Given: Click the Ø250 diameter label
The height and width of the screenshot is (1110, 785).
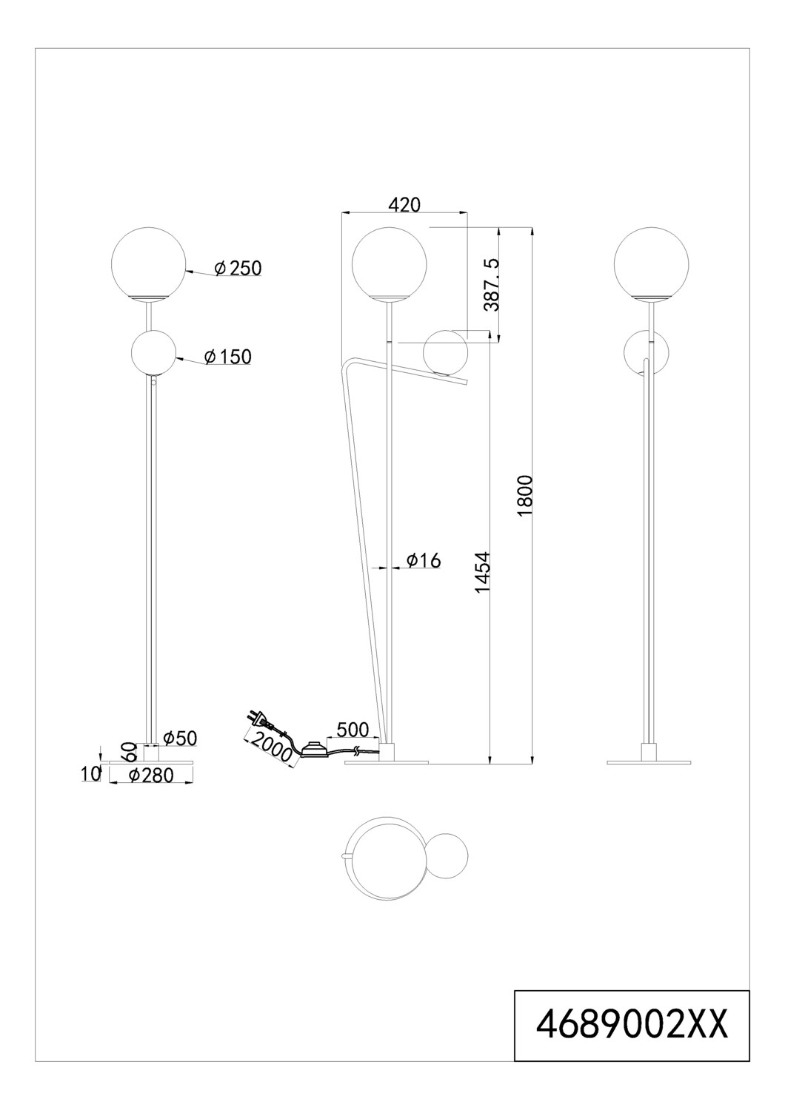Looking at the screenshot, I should (x=238, y=269).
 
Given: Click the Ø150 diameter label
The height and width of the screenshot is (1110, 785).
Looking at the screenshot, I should (x=227, y=357).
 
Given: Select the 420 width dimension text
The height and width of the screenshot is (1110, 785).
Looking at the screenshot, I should (x=404, y=205).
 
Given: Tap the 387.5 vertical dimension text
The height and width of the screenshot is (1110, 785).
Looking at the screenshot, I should (x=490, y=283).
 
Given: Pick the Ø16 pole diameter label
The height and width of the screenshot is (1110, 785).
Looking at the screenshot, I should (x=424, y=561).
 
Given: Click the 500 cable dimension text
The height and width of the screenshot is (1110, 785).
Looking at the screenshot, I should (x=353, y=729).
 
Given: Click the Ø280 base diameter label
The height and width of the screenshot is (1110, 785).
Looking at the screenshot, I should (x=150, y=775).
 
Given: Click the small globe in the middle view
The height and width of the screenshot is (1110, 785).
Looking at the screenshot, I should (x=445, y=354).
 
